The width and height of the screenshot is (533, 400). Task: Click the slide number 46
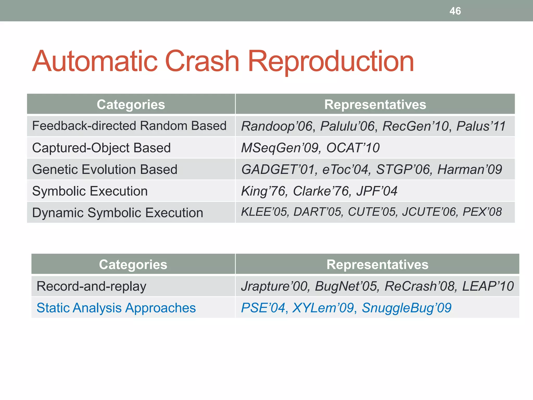[x=455, y=11]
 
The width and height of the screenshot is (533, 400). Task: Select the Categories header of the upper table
[x=131, y=104]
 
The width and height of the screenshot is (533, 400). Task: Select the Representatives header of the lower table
[x=377, y=264]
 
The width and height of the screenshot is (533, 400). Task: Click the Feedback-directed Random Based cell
[x=129, y=126]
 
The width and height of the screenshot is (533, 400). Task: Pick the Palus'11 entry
[x=481, y=126]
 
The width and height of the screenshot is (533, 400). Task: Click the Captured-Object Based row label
[x=101, y=148]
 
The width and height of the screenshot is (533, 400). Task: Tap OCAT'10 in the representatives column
[x=353, y=148]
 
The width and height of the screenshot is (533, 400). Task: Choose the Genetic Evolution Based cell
[x=105, y=169]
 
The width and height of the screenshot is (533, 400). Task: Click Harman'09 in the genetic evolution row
[x=469, y=170]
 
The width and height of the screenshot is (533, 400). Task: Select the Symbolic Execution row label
[x=90, y=191]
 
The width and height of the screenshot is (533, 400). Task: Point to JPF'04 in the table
[x=377, y=191]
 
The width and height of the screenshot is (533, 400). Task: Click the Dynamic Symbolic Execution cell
[x=118, y=213]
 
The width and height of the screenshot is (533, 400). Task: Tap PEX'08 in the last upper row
[x=482, y=212]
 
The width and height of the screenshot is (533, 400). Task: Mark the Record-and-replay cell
[x=91, y=286]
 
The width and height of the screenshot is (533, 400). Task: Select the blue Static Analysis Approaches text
[x=116, y=308]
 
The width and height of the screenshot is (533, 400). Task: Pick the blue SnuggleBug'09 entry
[x=406, y=308]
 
